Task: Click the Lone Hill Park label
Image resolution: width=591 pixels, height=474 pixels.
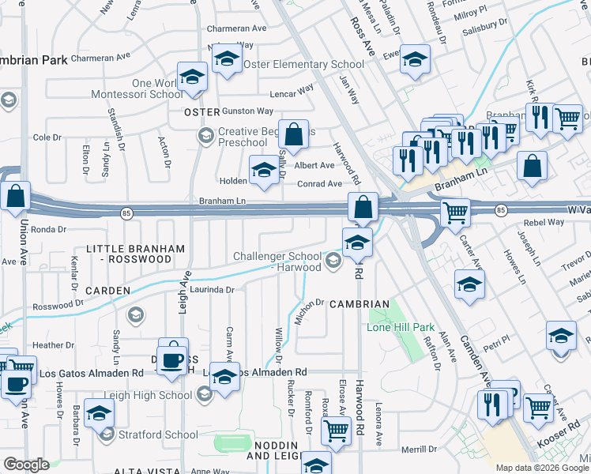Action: click(401, 327)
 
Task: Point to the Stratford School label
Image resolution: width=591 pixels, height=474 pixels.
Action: click(158, 434)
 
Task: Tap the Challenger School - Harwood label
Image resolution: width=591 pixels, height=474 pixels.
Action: click(277, 261)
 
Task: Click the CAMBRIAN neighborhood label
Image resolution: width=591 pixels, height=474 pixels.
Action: click(359, 304)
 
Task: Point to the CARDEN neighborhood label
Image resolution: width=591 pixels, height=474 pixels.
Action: click(107, 291)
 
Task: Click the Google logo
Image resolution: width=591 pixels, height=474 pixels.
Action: click(26, 465)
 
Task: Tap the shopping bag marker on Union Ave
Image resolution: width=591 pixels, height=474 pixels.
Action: click(15, 197)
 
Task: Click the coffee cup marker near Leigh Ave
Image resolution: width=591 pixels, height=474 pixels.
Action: click(173, 359)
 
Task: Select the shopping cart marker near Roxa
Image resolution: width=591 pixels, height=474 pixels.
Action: click(337, 432)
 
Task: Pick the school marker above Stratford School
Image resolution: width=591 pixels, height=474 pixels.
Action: click(99, 413)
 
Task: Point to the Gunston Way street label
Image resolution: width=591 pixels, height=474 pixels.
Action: click(247, 111)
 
